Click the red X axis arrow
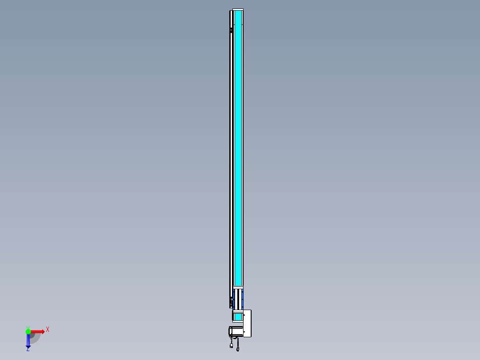[38, 331]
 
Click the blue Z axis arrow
[28, 341]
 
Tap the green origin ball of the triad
[28, 331]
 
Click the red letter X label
[47, 329]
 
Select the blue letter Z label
[28, 350]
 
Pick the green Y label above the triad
[28, 327]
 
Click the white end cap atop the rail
[238, 10]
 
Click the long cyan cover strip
[238, 147]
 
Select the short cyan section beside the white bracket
[238, 317]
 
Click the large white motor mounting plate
[248, 323]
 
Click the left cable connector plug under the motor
[232, 345]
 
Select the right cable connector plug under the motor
[238, 349]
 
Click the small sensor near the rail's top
[231, 30]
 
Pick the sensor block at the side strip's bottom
[231, 303]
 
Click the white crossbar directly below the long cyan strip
[238, 287]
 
